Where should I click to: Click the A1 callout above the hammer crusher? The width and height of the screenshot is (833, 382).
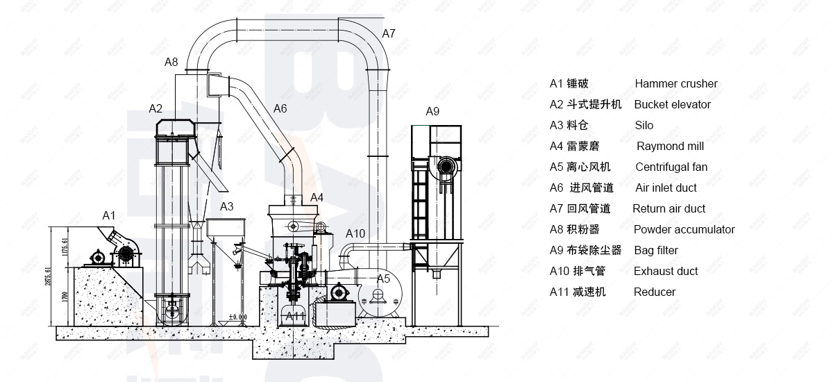(109, 215)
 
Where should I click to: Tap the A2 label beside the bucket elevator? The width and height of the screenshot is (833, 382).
(155, 108)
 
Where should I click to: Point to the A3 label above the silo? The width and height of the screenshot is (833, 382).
(227, 206)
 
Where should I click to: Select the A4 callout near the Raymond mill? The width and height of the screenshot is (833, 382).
(317, 197)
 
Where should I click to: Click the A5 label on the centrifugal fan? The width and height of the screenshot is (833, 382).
(383, 279)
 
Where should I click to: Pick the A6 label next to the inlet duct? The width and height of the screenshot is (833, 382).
(280, 108)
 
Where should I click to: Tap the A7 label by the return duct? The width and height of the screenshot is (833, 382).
(389, 33)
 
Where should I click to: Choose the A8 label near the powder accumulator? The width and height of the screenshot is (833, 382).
(171, 62)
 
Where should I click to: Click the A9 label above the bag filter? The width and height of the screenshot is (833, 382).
(432, 111)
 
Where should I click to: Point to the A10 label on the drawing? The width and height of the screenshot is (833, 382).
(355, 233)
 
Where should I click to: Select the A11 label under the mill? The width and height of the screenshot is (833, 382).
(296, 316)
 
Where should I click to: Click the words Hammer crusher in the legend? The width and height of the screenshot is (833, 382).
(676, 84)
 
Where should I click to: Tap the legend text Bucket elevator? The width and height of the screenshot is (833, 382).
(673, 105)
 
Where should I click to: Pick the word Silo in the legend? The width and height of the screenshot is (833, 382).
(644, 126)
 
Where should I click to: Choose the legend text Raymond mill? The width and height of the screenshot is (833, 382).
(671, 147)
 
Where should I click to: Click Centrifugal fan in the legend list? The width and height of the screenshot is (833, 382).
(672, 167)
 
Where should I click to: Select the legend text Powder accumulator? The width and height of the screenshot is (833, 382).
(684, 230)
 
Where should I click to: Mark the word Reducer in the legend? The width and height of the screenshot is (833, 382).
(655, 292)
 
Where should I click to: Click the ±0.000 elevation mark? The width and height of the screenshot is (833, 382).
(238, 317)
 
